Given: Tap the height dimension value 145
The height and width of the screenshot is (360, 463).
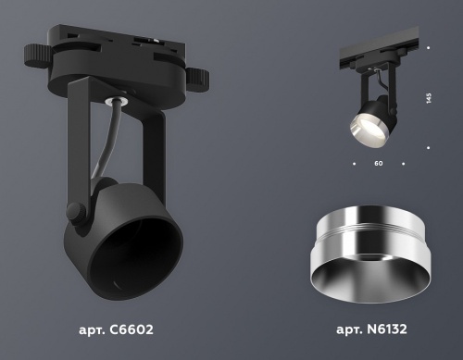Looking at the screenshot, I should pyautogui.click(x=428, y=98).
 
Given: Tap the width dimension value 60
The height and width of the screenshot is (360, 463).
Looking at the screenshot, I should pyautogui.click(x=378, y=163).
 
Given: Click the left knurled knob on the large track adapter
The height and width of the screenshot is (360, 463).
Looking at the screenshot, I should pyautogui.click(x=37, y=52).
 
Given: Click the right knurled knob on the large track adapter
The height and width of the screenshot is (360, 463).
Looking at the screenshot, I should pyautogui.click(x=201, y=74).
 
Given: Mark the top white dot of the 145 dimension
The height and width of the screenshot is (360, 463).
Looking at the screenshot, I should pyautogui.click(x=428, y=45).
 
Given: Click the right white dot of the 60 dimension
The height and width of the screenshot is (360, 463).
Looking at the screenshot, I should pyautogui.click(x=405, y=163).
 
